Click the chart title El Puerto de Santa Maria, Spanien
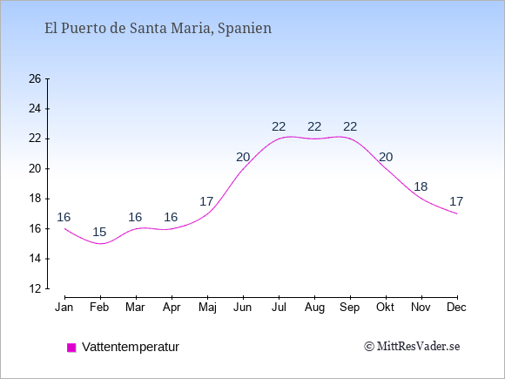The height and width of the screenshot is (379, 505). pyautogui.click(x=158, y=29)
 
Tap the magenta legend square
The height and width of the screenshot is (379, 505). pyautogui.click(x=71, y=348)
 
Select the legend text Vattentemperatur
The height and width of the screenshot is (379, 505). pyautogui.click(x=131, y=347)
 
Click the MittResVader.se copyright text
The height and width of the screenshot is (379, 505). pyautogui.click(x=412, y=347)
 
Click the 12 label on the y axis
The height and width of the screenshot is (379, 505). pyautogui.click(x=35, y=288)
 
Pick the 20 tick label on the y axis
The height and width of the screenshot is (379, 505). pyautogui.click(x=35, y=168)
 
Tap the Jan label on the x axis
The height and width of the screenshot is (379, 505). pyautogui.click(x=64, y=308)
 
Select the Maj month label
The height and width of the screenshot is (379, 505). pyautogui.click(x=207, y=308)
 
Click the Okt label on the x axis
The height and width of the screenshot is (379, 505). pyautogui.click(x=385, y=308)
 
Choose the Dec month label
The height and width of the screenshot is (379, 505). pyautogui.click(x=457, y=308)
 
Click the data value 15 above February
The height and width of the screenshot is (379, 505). pyautogui.click(x=99, y=232)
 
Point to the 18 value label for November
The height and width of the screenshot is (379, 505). pyautogui.click(x=421, y=186)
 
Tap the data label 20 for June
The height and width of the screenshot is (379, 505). pyautogui.click(x=243, y=158)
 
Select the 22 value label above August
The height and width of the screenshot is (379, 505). pyautogui.click(x=314, y=126)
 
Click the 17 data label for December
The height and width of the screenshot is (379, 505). pyautogui.click(x=456, y=201)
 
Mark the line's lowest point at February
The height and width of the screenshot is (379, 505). pyautogui.click(x=100, y=244)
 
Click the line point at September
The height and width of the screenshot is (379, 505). pyautogui.click(x=350, y=139)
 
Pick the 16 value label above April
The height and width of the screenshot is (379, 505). pyautogui.click(x=171, y=217)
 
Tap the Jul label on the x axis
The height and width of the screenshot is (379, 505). pyautogui.click(x=279, y=308)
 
